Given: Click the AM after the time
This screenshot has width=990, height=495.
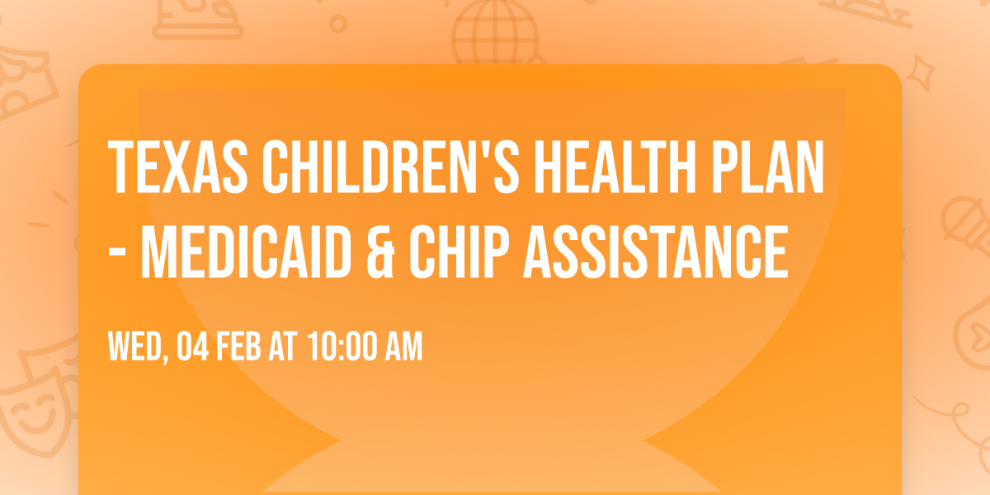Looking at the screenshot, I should tap(402, 347).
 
